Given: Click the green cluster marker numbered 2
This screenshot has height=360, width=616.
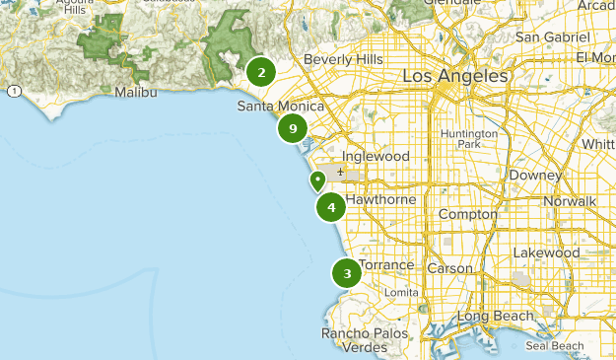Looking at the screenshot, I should click(x=261, y=71).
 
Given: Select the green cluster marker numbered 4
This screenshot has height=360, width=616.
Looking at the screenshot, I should click(x=331, y=207).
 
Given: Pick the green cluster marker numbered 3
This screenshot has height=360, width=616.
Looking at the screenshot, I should click(x=347, y=273).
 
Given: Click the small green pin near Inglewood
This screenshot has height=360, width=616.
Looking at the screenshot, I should click(x=317, y=181).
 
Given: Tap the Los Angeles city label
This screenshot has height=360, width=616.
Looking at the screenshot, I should click(x=455, y=76).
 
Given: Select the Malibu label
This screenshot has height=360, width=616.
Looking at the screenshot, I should click(x=136, y=92).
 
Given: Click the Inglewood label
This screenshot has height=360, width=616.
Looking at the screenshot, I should click(x=375, y=156).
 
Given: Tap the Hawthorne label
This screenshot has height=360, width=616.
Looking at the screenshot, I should click(x=381, y=199).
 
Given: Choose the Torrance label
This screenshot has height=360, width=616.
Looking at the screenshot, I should click(x=386, y=266).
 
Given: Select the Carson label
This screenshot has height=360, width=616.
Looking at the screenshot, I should click(x=449, y=268).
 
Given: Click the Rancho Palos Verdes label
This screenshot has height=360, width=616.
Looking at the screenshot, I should click(x=364, y=340).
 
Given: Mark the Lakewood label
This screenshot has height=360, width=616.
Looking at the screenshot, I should click(x=546, y=252).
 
